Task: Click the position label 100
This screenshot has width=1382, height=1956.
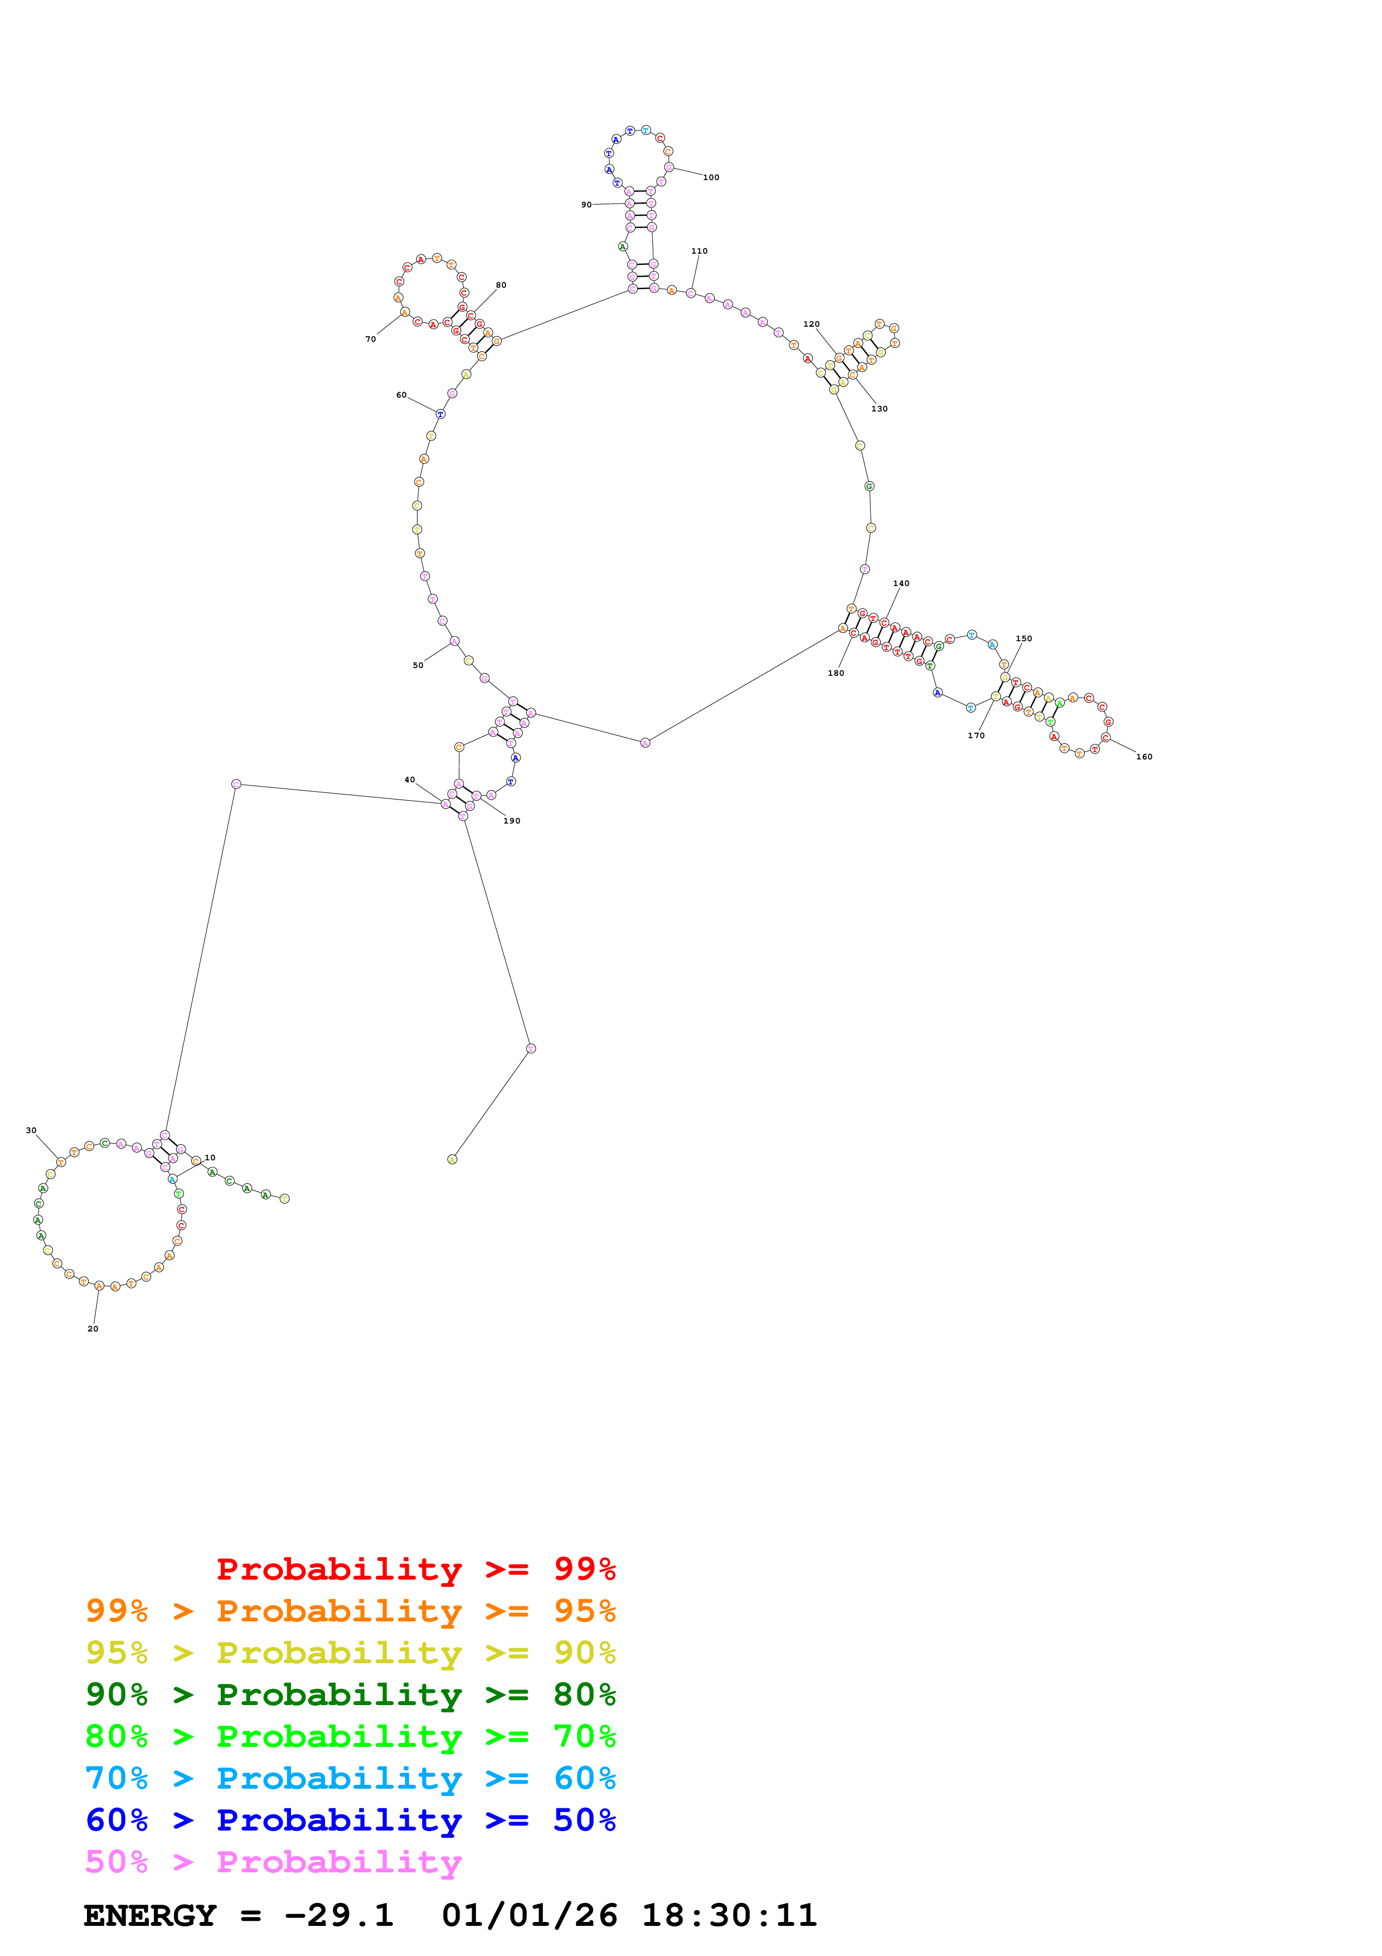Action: point(711,177)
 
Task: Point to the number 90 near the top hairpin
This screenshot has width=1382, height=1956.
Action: point(586,205)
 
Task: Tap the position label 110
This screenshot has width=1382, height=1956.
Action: point(699,251)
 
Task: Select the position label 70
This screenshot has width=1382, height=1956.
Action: point(370,339)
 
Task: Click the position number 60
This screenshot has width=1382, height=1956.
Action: point(401,395)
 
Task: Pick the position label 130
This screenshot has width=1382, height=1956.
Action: point(880,409)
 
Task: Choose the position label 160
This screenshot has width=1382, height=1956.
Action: point(1145,757)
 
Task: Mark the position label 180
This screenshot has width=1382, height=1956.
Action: point(836,673)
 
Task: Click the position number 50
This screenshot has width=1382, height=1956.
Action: point(418,665)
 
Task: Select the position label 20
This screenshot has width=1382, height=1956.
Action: point(93,1329)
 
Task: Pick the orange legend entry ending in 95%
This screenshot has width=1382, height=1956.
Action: point(350,1611)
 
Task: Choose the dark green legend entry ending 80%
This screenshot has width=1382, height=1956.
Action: point(350,1694)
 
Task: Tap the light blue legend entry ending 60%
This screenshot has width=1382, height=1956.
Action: point(350,1778)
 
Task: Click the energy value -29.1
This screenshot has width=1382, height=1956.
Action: point(339,1915)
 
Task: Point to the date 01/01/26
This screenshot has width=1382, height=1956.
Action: point(530,1915)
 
